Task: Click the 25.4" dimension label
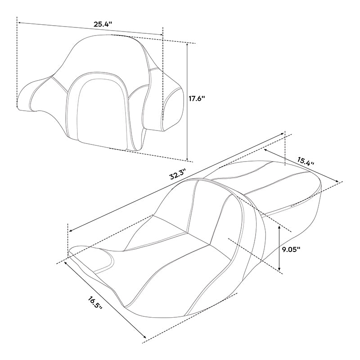(103, 24)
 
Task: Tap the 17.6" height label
(197, 99)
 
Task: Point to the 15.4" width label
(306, 162)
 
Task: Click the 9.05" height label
(291, 250)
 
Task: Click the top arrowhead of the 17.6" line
(188, 44)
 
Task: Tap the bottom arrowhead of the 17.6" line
(188, 158)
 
